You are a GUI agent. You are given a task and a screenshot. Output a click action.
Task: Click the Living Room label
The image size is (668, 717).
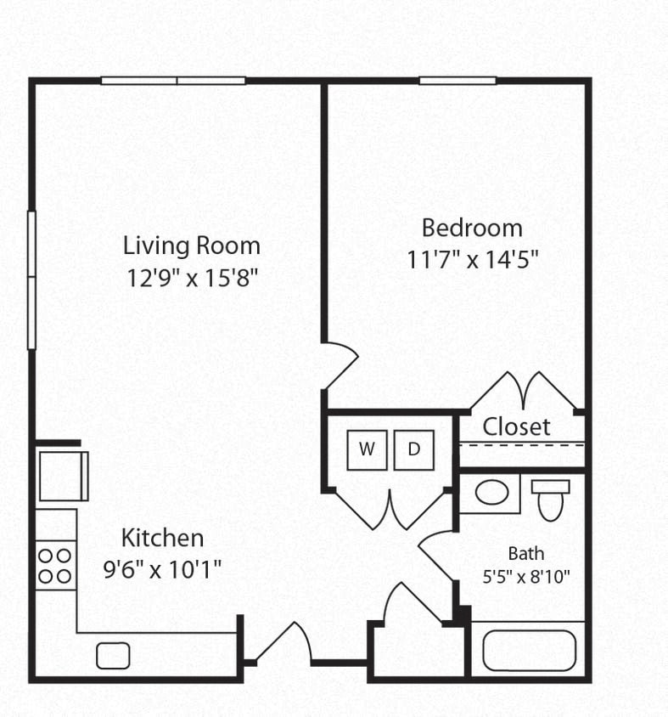[192, 246]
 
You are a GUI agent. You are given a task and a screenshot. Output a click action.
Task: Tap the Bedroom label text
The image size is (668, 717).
[472, 228]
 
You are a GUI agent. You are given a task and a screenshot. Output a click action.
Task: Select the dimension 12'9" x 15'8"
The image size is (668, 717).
[191, 278]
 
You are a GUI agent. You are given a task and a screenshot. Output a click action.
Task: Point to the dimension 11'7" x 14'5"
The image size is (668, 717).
[473, 259]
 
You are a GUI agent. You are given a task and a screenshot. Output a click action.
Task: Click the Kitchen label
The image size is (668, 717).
[162, 538]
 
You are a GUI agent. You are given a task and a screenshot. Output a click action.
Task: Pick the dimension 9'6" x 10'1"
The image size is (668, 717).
[162, 569]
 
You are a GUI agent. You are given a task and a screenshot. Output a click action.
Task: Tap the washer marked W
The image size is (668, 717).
[367, 449]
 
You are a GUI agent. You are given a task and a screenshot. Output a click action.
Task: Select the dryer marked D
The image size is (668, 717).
[413, 449]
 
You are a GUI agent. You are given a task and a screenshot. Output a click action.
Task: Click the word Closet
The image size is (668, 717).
[516, 426]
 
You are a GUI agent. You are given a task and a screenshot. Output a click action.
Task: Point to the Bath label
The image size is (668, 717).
[526, 554]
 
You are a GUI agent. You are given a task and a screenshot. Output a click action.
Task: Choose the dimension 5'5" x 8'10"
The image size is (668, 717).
[526, 576]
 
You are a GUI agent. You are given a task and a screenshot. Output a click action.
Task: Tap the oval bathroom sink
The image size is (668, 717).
[491, 493]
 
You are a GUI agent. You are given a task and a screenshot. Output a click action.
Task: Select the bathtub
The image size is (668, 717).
[529, 650]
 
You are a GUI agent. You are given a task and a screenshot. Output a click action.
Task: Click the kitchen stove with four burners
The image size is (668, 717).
[56, 565]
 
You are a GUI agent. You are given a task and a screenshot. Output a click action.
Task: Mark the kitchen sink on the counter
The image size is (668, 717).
[113, 656]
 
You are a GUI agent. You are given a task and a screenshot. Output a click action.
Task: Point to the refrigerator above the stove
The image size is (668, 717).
[62, 476]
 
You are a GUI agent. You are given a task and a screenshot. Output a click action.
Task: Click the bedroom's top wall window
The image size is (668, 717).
[457, 81]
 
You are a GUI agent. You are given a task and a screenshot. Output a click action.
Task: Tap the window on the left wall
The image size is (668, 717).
[31, 279]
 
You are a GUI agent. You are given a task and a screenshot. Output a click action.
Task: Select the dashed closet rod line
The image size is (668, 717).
[521, 444]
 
